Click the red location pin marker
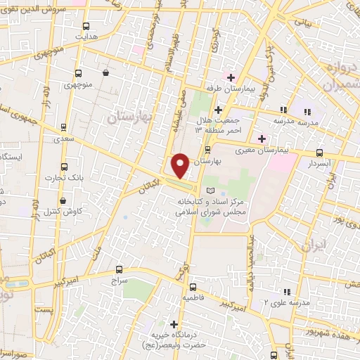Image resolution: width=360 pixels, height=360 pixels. (x=180, y=165)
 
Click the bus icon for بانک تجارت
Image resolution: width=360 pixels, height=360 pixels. (x=65, y=167)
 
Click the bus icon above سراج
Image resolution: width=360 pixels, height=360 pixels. (x=119, y=269)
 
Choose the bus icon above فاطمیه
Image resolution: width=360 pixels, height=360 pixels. (x=193, y=286)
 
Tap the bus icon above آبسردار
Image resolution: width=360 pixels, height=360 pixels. (x=320, y=152)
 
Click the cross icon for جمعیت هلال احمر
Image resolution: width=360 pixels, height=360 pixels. (x=218, y=110)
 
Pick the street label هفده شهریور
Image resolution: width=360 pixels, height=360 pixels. (x=330, y=329)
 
